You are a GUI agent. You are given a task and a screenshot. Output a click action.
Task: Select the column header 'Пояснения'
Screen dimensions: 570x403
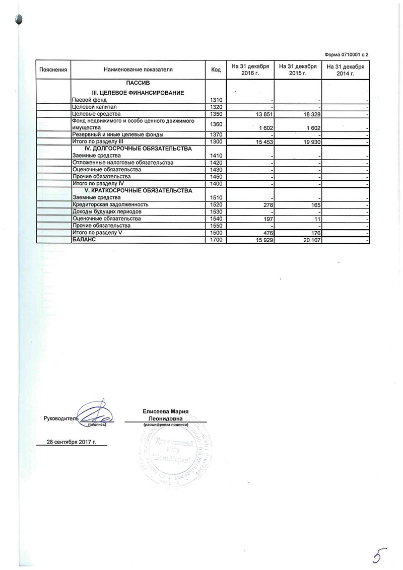tap(53, 69)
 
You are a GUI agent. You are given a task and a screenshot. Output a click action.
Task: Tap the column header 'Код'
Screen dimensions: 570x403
tap(216, 69)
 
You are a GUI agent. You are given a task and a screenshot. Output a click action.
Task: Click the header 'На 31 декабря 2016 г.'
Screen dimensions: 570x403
tap(250, 69)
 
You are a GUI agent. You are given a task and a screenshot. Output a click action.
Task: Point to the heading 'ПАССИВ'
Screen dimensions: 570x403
tap(138, 83)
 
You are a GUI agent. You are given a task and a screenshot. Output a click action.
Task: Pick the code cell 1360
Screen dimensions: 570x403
tap(216, 124)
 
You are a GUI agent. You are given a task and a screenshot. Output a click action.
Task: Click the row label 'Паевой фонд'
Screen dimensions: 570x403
tap(86, 100)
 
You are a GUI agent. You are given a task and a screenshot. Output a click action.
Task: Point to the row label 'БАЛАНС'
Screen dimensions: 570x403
tap(84, 240)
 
